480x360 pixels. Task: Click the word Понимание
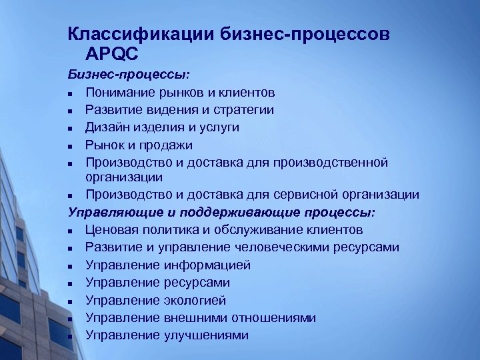pyautogui.click(x=119, y=92)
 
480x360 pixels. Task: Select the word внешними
pyautogui.click(x=193, y=318)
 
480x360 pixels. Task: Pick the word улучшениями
pyautogui.click(x=206, y=335)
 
